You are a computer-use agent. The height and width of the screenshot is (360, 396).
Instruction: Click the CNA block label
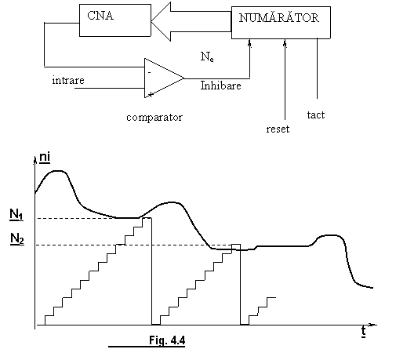coord(100,16)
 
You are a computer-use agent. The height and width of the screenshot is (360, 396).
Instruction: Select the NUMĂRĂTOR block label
coord(279,17)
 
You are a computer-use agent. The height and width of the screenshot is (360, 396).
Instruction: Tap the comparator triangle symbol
coord(164,78)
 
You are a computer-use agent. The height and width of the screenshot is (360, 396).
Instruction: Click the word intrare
coord(68,80)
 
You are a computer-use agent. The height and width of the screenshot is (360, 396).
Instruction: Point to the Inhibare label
coord(220,85)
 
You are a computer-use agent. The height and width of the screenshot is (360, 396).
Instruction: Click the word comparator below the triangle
coord(154,118)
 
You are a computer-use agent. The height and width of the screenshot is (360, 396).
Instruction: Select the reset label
coord(278,129)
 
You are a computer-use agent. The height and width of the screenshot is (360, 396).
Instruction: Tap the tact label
coord(316,115)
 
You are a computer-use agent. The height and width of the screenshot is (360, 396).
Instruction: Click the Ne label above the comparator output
coord(207,56)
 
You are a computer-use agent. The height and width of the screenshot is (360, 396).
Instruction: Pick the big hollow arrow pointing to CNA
coord(191,21)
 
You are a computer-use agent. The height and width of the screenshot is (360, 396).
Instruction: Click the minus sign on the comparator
coord(149,72)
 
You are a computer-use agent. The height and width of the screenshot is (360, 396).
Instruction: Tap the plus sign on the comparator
coord(151,94)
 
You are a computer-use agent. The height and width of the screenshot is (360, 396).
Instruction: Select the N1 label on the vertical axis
coord(16,215)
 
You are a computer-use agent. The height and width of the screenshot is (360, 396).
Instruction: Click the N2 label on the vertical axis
coord(17,238)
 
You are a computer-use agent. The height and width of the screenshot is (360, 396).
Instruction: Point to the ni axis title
coord(45,158)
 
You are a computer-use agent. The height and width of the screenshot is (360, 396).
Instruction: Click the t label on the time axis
coord(364,332)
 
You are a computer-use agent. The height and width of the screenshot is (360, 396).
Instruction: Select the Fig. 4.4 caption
coord(167,340)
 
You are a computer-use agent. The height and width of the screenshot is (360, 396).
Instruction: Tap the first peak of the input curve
coord(58,171)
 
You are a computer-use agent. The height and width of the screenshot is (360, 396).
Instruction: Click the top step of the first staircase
coord(147,218)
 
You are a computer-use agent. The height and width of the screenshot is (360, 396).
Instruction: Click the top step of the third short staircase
coord(271,297)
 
